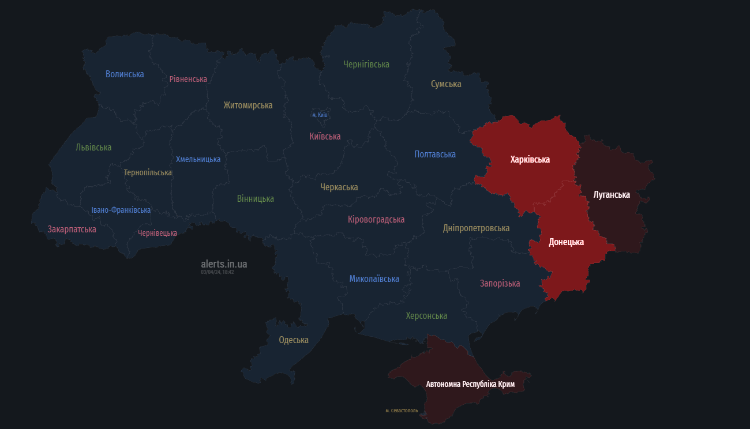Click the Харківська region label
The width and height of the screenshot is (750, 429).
[x=530, y=160]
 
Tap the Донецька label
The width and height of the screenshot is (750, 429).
[x=566, y=242]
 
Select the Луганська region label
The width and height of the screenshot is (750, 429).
[x=612, y=195]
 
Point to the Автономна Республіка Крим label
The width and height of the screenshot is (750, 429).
[x=470, y=384]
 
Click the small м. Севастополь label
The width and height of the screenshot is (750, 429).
[x=402, y=411]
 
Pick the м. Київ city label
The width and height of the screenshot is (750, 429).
[x=320, y=115]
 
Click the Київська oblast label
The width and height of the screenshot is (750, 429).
[x=325, y=137]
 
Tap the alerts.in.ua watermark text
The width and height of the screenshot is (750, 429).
[x=224, y=264]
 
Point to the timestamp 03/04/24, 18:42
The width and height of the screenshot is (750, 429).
[x=217, y=272]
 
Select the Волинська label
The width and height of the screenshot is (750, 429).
[x=125, y=74]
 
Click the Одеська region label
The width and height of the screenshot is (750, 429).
[x=293, y=340]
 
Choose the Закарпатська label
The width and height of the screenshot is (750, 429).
[x=72, y=229]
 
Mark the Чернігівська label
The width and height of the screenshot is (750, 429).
[x=366, y=65]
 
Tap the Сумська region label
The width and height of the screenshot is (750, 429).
[x=446, y=84]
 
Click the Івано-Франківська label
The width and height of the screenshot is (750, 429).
[x=121, y=210]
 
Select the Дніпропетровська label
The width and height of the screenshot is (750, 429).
[x=476, y=228]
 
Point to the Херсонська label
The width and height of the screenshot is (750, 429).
[x=426, y=316]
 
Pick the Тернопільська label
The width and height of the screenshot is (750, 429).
[x=148, y=172]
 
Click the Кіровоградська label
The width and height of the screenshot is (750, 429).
[x=376, y=220]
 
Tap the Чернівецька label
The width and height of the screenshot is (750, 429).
[x=157, y=234]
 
